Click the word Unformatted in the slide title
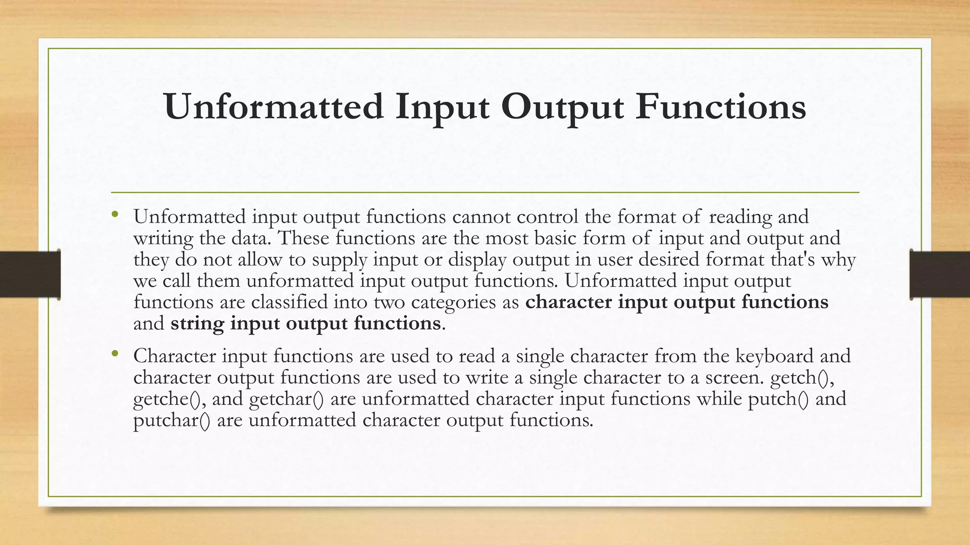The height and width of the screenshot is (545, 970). click(274, 107)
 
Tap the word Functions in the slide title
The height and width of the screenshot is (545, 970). click(720, 107)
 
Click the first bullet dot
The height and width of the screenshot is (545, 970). click(115, 215)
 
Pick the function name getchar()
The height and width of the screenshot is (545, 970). click(286, 399)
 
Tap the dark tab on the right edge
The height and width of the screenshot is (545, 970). click(940, 274)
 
